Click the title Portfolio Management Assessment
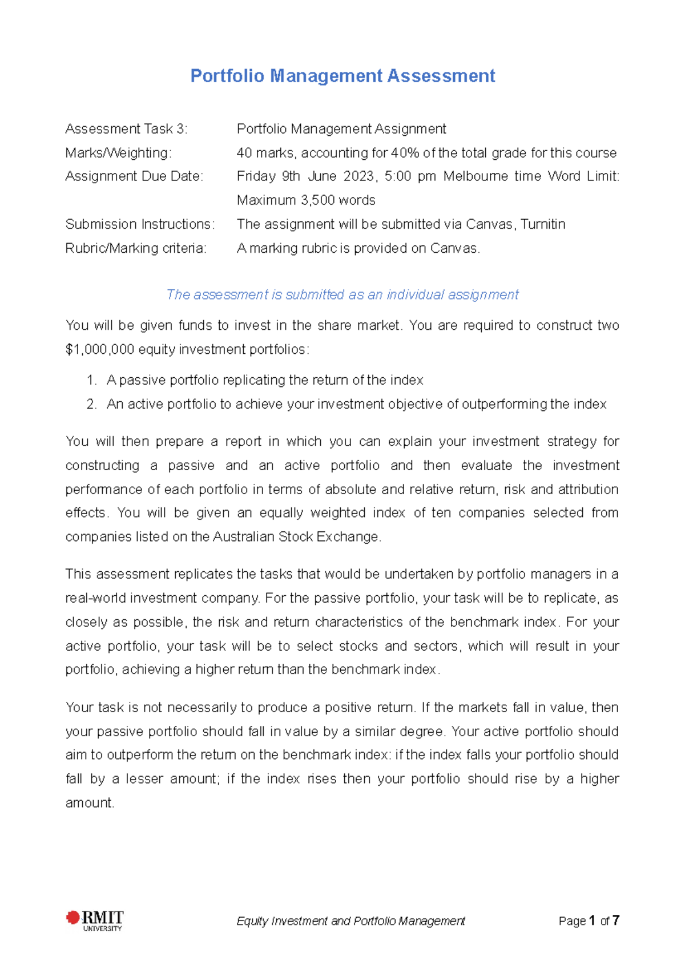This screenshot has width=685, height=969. click(x=342, y=76)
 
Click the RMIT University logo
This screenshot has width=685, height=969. click(x=94, y=920)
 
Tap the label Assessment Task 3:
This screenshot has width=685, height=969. click(x=126, y=129)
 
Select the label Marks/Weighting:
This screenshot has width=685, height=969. click(x=118, y=153)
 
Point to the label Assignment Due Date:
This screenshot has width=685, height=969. click(x=134, y=176)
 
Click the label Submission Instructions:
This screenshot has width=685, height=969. click(x=140, y=224)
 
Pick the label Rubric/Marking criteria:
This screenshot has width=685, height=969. click(x=136, y=248)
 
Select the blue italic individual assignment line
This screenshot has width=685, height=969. click(x=342, y=294)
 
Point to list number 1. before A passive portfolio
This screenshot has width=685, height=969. click(x=92, y=380)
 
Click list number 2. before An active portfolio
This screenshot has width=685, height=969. click(x=92, y=404)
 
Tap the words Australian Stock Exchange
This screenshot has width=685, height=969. click(x=296, y=537)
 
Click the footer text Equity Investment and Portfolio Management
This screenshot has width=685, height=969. click(x=350, y=921)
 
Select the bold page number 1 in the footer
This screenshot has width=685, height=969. click(x=592, y=920)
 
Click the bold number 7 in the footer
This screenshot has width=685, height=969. click(x=615, y=920)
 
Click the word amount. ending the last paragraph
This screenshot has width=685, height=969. click(x=90, y=803)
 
